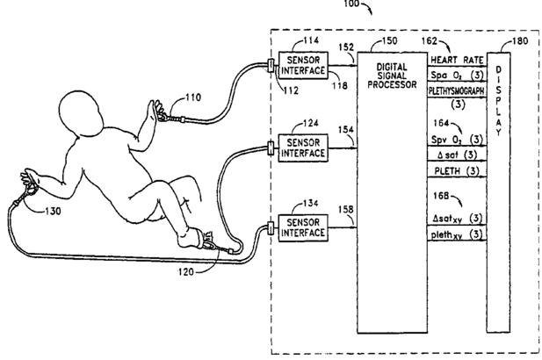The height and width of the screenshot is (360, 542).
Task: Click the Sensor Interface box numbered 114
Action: pos(303,66)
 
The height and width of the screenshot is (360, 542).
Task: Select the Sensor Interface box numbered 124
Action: pos(303,148)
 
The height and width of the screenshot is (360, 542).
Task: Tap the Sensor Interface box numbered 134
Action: pos(303,227)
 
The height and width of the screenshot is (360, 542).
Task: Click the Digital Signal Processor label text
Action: pos(392,76)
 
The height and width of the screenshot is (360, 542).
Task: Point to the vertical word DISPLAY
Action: pos(498,101)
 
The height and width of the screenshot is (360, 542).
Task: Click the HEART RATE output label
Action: pos(457,60)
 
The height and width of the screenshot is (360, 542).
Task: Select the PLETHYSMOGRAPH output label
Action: pos(456,90)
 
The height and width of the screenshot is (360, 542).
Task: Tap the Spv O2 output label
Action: pos(446,140)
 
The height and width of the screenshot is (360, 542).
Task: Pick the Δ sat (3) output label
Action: pos(457,155)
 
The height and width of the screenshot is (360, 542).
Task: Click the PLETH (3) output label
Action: pos(457,170)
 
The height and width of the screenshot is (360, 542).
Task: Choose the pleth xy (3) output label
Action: pos(456,235)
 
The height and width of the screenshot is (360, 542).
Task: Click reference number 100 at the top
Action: pos(351,4)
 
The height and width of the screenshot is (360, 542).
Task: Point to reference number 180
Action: pos(520,41)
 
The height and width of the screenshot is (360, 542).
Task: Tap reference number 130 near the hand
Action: pos(53,211)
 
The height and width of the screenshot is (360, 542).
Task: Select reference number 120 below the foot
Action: pos(186,272)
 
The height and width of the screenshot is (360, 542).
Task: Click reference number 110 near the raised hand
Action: pos(193,97)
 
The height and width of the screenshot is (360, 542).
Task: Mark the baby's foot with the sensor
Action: pos(192,238)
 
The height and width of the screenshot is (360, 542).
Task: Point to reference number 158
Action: pos(345,210)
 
